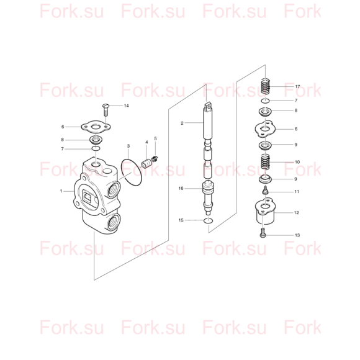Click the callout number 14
pyautogui.click(x=126, y=106)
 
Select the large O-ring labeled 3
pyautogui.click(x=132, y=172)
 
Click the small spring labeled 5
pyautogui.click(x=155, y=159)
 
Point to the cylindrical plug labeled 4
pyautogui.click(x=146, y=164)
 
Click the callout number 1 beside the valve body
pyautogui.click(x=61, y=191)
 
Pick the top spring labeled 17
pyautogui.click(x=266, y=86)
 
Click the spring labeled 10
pyautogui.click(x=266, y=162)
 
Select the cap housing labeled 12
pyautogui.click(x=265, y=211)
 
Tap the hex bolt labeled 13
pyautogui.click(x=263, y=233)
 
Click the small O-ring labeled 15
pyautogui.click(x=208, y=220)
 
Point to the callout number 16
pyautogui.click(x=181, y=188)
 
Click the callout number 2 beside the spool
pyautogui.click(x=182, y=123)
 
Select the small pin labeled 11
pyautogui.click(x=265, y=191)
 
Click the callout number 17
pyautogui.click(x=297, y=86)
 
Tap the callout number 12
pyautogui.click(x=297, y=213)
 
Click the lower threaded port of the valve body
pyautogui.click(x=114, y=222)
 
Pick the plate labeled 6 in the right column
pyautogui.click(x=265, y=129)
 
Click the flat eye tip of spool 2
pyautogui.click(x=208, y=106)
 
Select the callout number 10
pyautogui.click(x=297, y=162)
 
